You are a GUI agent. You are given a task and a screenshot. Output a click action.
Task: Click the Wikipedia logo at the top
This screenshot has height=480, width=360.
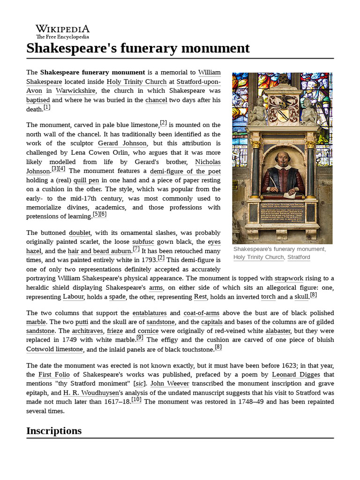(62, 31)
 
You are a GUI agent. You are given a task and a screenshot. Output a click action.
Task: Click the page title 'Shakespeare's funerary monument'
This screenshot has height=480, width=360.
(138, 48)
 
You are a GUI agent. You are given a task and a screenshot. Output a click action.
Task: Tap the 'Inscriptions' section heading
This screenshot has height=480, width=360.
(54, 430)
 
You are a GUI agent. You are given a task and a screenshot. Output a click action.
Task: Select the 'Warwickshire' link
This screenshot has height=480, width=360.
(75, 91)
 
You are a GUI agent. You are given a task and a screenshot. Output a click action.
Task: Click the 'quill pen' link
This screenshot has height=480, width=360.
(87, 180)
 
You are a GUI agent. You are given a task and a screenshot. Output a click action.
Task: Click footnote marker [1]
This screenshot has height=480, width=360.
(46, 107)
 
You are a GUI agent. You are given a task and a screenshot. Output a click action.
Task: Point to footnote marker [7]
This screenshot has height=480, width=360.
(136, 249)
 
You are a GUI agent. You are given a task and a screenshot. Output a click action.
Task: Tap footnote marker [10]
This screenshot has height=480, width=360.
(136, 399)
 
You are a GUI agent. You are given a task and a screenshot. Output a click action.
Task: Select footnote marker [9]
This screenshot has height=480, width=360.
(140, 337)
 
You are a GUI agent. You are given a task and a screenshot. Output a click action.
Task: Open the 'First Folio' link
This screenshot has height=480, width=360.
(52, 375)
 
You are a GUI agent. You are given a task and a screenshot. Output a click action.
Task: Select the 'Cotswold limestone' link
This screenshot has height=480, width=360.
(55, 349)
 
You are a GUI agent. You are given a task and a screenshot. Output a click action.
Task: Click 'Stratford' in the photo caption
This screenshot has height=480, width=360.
(299, 257)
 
